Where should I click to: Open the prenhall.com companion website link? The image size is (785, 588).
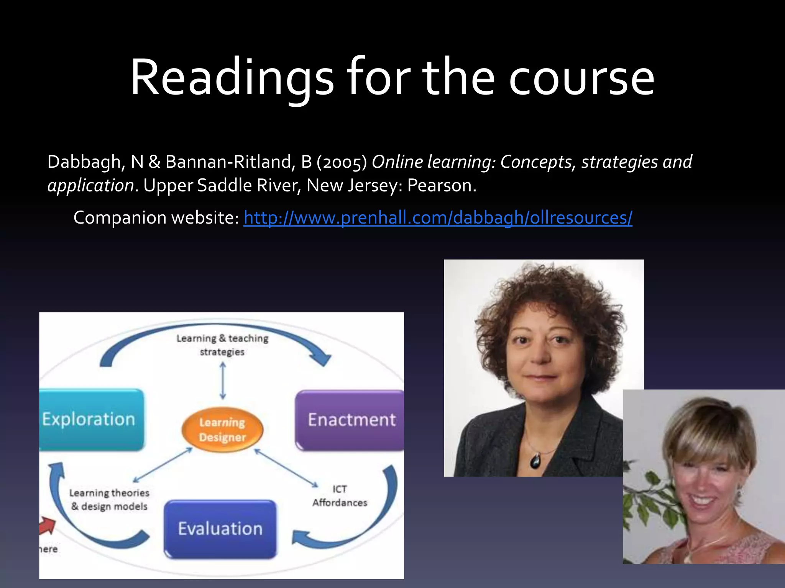[438, 217]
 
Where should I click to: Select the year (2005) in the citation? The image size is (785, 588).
[342, 162]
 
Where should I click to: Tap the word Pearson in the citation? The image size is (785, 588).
[441, 186]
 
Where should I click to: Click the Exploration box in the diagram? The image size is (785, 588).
[91, 420]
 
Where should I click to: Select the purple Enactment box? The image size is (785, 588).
[351, 420]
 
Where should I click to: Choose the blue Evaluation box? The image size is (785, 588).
[220, 529]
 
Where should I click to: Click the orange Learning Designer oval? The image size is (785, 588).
[222, 430]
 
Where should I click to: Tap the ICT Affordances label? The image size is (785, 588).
[340, 496]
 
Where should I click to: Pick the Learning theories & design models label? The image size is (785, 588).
[109, 500]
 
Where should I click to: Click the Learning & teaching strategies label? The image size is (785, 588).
[222, 345]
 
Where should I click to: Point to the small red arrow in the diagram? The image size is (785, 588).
[48, 526]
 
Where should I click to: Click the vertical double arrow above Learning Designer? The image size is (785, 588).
[223, 381]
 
